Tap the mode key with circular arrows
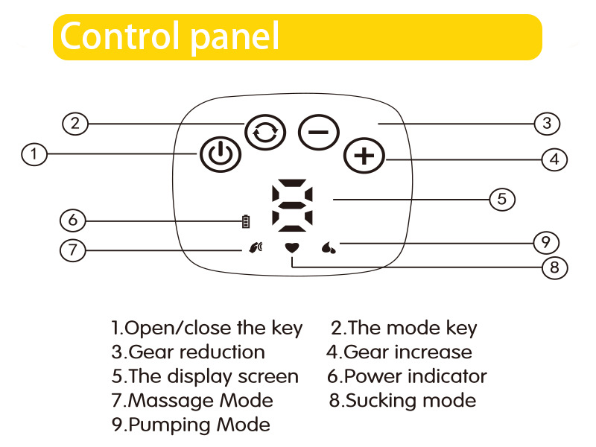tap(265, 133)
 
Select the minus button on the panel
tap(319, 133)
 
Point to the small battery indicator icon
tap(246, 221)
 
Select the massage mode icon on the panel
tap(256, 248)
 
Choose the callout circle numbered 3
tap(547, 123)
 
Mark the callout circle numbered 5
tap(502, 199)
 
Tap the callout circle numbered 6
tap(72, 221)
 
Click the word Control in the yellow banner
tap(121, 36)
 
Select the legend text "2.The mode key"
tap(403, 328)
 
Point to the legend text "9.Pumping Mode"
tap(191, 425)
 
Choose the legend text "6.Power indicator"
tap(406, 376)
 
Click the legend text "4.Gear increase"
tap(399, 352)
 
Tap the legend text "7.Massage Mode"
tap(192, 400)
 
